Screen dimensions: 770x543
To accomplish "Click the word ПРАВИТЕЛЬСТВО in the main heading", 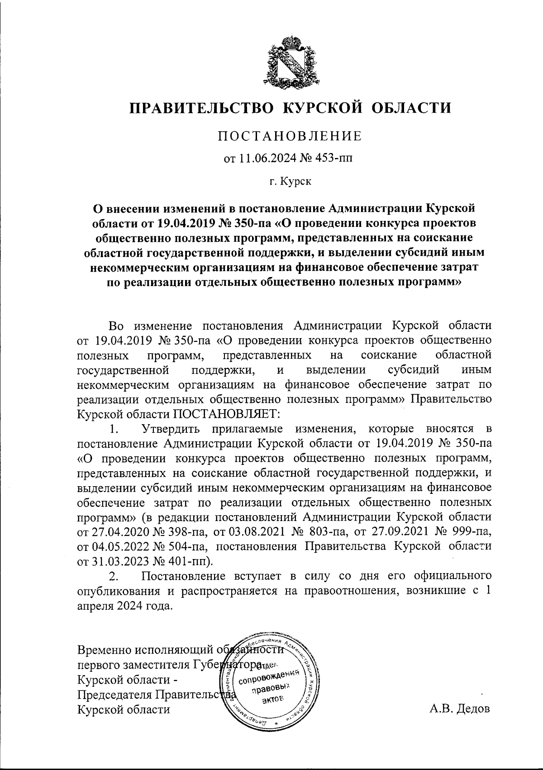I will (198, 108).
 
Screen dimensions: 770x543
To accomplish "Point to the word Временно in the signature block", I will (105, 650).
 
